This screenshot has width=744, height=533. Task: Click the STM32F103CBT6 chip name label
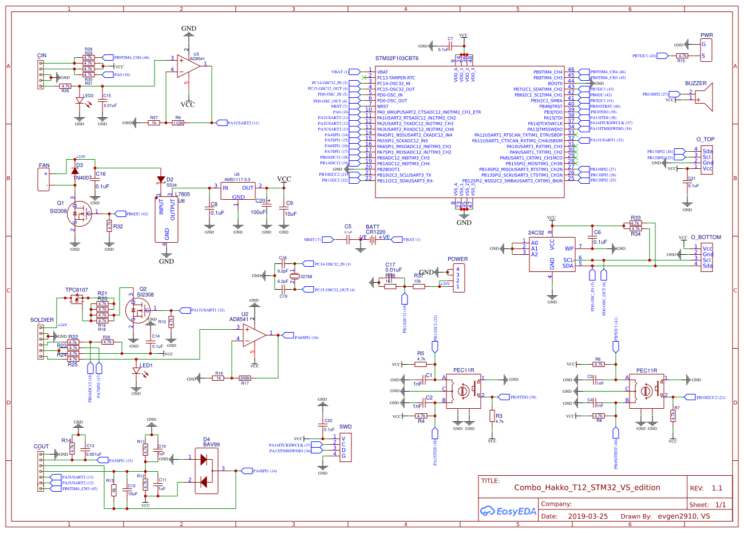click(397, 58)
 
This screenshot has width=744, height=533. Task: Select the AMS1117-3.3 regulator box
click(238, 192)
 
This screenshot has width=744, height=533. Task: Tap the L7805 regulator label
click(183, 194)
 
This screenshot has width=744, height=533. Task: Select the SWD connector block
click(345, 447)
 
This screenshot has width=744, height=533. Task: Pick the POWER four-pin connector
click(458, 278)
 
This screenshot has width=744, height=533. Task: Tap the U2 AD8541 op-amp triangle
click(255, 335)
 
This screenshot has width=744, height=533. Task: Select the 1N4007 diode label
click(82, 177)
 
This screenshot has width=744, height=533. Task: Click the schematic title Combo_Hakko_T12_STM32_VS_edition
click(587, 488)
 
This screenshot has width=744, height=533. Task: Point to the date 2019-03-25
click(588, 516)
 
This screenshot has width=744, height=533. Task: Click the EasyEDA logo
click(508, 511)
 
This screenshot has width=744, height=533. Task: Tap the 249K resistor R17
click(244, 378)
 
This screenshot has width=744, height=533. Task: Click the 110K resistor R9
click(178, 123)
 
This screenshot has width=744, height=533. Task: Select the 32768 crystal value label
click(306, 277)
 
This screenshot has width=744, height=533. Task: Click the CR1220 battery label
click(375, 232)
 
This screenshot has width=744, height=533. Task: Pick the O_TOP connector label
click(705, 139)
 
